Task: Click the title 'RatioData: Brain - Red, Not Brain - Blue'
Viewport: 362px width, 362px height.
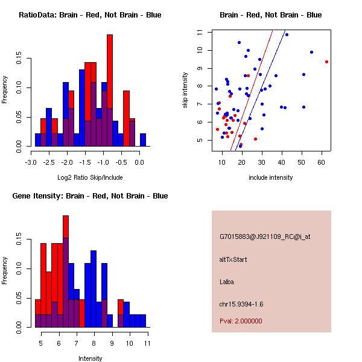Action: tap(90, 14)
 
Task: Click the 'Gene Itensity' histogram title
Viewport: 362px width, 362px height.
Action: tap(90, 195)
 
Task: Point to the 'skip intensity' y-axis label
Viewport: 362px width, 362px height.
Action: tap(186, 90)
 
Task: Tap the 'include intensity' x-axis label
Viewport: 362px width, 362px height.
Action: tap(271, 177)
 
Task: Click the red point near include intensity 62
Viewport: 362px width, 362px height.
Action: tap(326, 62)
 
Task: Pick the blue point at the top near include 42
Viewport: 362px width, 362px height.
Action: tap(287, 34)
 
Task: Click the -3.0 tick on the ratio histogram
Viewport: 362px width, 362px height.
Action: tap(31, 162)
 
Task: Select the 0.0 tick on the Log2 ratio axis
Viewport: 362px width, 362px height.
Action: tap(139, 162)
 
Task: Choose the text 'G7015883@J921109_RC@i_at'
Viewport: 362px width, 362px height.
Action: tap(265, 237)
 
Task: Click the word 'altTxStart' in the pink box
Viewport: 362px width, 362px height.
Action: tap(233, 259)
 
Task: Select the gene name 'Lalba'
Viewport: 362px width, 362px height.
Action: tap(227, 281)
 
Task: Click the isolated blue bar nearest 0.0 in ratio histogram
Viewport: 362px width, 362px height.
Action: tap(143, 139)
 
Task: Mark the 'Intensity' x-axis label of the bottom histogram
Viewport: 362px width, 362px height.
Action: tap(90, 358)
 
